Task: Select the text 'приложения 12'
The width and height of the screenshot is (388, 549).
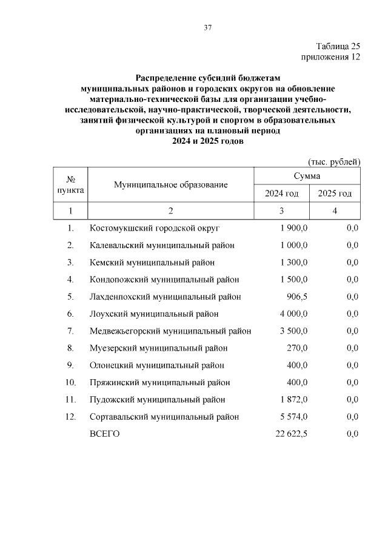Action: [x=330, y=57]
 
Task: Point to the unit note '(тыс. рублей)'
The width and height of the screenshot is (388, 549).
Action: [x=335, y=161]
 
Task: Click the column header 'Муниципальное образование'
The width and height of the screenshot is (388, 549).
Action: [x=171, y=184]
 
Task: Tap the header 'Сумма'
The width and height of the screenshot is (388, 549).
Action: [x=307, y=175]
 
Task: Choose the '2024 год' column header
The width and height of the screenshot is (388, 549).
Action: [x=282, y=194]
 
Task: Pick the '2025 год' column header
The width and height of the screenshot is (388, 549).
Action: [x=335, y=194]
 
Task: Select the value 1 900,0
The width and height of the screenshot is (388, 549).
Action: [x=294, y=228]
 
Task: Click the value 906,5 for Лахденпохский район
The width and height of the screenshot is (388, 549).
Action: [x=297, y=297]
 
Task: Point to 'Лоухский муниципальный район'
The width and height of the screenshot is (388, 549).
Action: [x=154, y=314]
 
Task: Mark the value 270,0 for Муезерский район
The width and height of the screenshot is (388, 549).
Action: [x=297, y=348]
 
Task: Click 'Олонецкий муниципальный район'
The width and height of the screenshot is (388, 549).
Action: [x=156, y=365]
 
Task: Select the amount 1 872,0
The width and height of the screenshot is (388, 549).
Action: [x=294, y=400]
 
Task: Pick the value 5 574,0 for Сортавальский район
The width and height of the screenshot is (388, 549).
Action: [x=294, y=417]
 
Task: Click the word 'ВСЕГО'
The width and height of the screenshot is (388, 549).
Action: [x=105, y=434]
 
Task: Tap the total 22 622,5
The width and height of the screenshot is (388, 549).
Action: [x=292, y=434]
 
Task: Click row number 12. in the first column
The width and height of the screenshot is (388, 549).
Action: [x=70, y=417]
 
